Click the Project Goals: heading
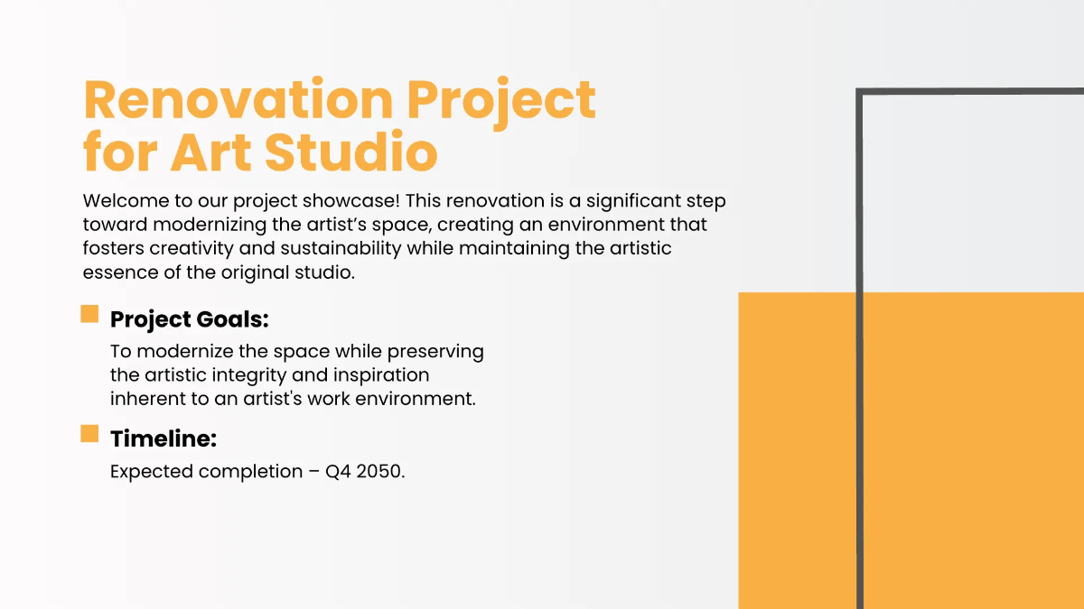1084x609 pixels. click(x=190, y=319)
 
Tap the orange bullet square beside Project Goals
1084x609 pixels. click(x=89, y=314)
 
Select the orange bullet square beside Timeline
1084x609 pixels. click(x=89, y=434)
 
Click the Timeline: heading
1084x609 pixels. click(x=164, y=439)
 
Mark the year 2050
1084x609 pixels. click(x=380, y=472)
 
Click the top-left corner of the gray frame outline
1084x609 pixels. click(x=860, y=92)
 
